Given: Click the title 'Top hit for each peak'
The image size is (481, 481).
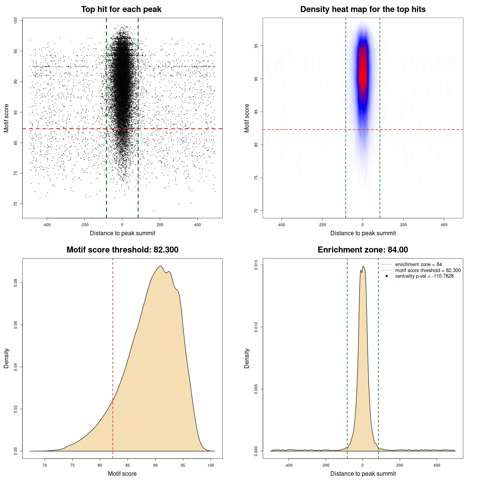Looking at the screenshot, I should click(x=121, y=9).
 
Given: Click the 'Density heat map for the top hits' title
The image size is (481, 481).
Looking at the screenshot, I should click(x=363, y=9).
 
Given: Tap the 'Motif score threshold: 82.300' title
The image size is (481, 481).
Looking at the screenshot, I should click(x=122, y=250).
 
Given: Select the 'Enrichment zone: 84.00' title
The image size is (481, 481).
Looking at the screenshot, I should click(x=363, y=250).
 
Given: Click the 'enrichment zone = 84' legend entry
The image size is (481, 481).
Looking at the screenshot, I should click(x=418, y=265).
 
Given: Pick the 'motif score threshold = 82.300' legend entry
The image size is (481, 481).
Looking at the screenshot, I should click(x=428, y=271).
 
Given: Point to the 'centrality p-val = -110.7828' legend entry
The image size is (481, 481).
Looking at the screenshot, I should click(x=424, y=276).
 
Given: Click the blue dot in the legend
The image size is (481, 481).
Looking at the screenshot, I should click(x=387, y=276).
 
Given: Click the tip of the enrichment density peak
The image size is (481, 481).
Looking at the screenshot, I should click(x=363, y=266).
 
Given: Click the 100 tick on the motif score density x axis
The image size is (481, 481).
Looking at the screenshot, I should click(x=211, y=465).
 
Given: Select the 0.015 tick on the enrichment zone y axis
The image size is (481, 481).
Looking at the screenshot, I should click(x=256, y=265).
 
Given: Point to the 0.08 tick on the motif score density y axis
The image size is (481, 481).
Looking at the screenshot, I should click(x=16, y=283).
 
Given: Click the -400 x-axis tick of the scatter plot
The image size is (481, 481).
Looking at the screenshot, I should click(x=47, y=225).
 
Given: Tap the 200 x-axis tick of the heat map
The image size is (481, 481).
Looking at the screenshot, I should click(x=403, y=225).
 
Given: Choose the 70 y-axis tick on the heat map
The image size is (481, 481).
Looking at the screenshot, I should click(x=256, y=210).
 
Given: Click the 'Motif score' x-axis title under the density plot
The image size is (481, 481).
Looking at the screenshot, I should click(x=122, y=473).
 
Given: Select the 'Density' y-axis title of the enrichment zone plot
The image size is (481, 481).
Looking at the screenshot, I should click(x=247, y=358).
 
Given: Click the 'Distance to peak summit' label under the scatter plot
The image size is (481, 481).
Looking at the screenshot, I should click(x=123, y=233).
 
